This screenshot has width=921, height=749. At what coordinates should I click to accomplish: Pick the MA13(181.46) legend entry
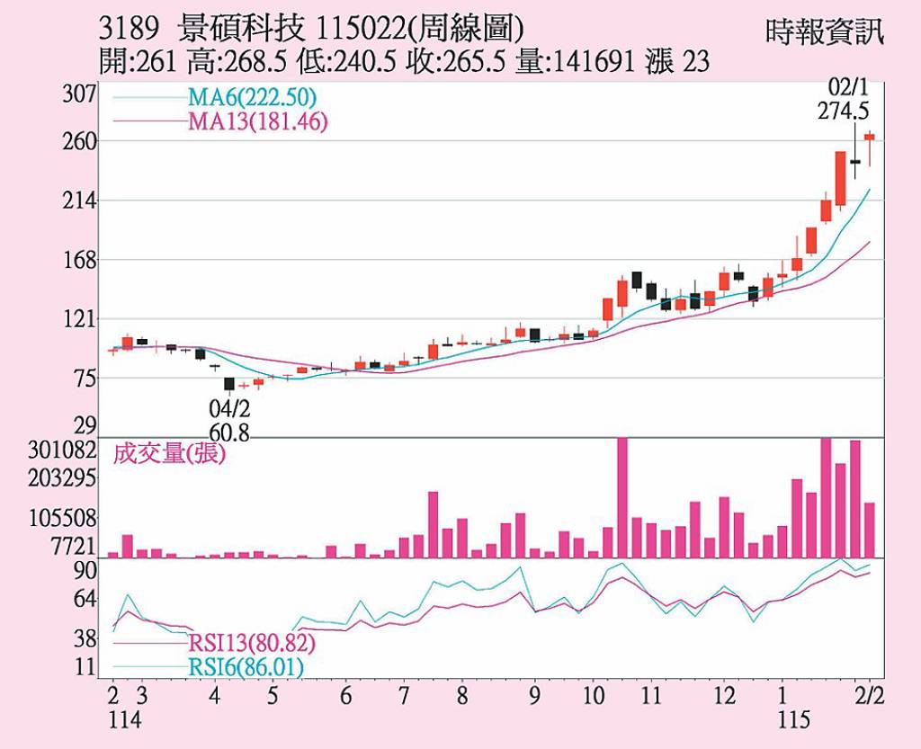coord(257,121)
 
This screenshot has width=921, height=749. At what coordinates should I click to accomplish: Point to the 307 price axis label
coord(80,94)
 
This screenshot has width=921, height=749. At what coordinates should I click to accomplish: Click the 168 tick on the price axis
coord(80,260)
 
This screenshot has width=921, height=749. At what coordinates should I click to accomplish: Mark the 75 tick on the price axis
coord(84,379)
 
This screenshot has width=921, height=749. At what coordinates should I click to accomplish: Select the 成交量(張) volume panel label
coord(169,453)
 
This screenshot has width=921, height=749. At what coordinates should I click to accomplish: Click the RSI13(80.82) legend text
coord(252,644)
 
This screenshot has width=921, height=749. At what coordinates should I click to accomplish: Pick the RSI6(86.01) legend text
coord(246,667)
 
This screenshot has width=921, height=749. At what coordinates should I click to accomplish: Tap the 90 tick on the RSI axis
coord(85,571)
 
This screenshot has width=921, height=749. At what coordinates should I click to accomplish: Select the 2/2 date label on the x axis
coord(868,696)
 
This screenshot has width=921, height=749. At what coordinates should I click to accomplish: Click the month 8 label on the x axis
coord(460,696)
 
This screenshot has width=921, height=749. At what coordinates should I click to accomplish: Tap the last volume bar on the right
coord(870,530)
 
